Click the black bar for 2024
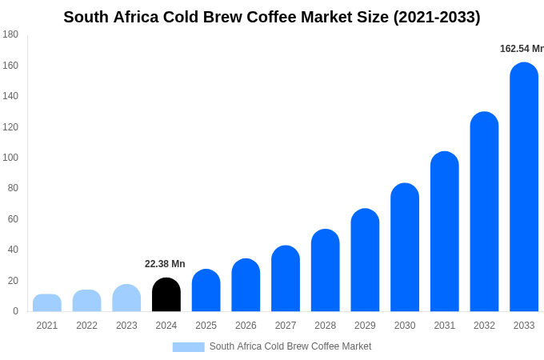click(166, 295)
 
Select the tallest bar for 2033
click(524, 187)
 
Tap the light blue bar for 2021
click(47, 303)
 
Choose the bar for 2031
click(445, 232)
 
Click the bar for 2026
click(246, 286)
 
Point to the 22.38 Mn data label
click(165, 264)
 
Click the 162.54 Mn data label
click(522, 49)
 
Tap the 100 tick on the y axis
click(10, 158)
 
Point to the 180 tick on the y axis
click(10, 34)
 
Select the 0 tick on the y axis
click(15, 311)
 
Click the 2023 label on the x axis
click(126, 326)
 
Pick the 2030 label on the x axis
click(405, 326)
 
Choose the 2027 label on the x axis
click(286, 326)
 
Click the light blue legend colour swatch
click(188, 347)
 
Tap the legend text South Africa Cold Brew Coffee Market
click(290, 346)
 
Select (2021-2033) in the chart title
click(437, 17)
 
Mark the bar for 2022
click(87, 301)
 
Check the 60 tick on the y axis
click(13, 219)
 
